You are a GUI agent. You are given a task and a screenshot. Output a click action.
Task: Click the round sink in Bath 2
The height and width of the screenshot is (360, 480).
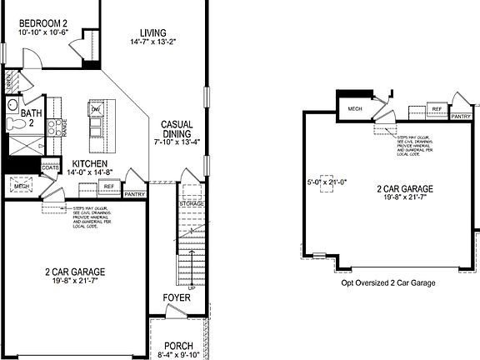pos(13,106)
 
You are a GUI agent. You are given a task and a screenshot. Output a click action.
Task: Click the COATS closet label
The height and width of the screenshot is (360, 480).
pos(50,167)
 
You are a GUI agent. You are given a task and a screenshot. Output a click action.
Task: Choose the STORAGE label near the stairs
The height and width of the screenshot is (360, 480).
pos(191,203)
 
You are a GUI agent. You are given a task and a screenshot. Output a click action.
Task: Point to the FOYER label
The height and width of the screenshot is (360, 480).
pos(176,296)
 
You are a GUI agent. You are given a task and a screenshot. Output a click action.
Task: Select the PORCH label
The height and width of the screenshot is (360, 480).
pos(178,345)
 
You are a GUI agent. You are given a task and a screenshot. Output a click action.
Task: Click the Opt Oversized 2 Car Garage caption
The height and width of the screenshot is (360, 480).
pos(387,282)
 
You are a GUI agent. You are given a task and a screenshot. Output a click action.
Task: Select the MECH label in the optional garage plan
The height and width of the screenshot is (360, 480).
pos(355,108)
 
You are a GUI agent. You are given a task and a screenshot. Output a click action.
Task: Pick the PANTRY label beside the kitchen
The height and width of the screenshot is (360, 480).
pos(135,194)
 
